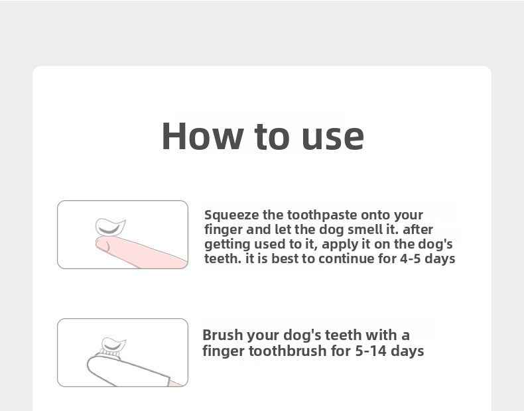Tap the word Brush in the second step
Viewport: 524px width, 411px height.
point(224,335)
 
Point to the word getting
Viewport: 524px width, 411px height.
point(227,245)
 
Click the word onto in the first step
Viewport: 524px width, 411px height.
point(375,215)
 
